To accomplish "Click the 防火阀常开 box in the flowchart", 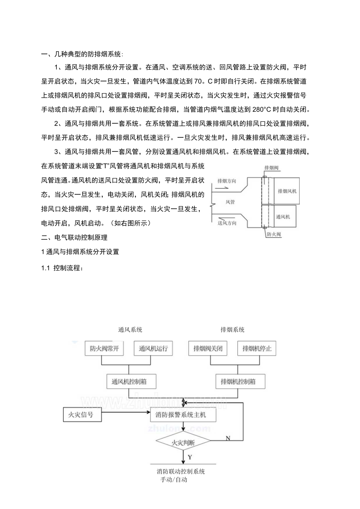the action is click(x=101, y=349).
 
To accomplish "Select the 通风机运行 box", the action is click(x=153, y=349).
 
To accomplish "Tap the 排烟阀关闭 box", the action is click(x=207, y=349).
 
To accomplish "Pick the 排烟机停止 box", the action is click(x=257, y=349).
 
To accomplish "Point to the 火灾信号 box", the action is click(x=82, y=414).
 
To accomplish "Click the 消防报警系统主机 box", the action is click(x=183, y=414).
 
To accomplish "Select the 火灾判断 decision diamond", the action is click(x=183, y=443).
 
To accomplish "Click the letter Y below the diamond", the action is click(x=190, y=457).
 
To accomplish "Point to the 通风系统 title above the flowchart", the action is click(x=130, y=329).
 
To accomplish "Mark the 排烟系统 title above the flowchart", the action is click(x=232, y=329).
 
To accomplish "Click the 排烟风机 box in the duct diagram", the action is click(x=287, y=191).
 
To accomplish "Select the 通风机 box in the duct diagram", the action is click(x=284, y=216).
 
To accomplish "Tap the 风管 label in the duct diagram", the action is click(x=230, y=202).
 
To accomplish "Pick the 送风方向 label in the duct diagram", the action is click(x=227, y=223).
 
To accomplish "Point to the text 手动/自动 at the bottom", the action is click(x=174, y=480).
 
